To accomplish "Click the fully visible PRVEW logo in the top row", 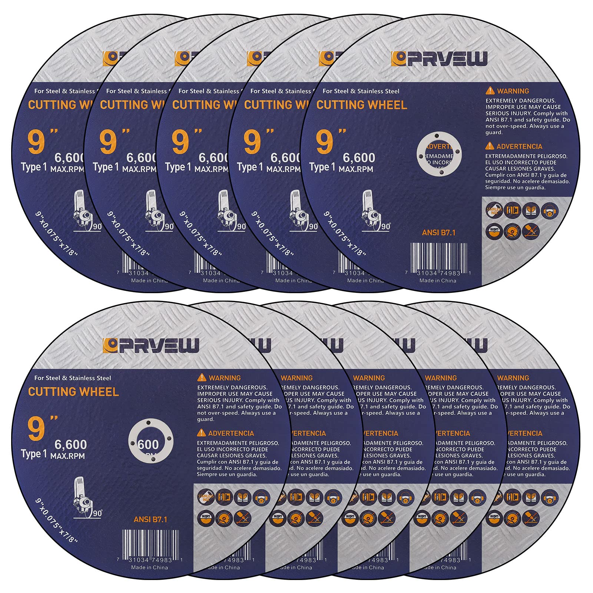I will point(439,59).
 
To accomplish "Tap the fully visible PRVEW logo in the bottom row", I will point(151,345).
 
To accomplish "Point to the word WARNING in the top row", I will point(513,91).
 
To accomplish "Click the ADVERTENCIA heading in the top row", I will point(519,146).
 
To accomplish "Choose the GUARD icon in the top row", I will point(494,231).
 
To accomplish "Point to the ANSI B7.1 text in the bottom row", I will point(150,520).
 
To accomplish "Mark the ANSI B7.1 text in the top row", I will point(438,233).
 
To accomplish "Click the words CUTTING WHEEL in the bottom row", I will point(73,392).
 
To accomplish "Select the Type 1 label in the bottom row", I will point(34,454).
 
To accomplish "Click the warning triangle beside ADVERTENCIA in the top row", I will point(490,146).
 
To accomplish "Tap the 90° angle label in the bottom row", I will point(98,513).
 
